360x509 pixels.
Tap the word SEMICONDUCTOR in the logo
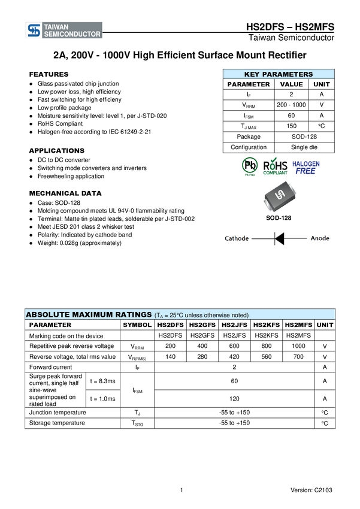(x=72, y=35)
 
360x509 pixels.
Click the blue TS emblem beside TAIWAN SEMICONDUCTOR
(x=34, y=31)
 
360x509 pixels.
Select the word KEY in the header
(x=253, y=74)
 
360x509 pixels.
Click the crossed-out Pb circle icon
(x=249, y=165)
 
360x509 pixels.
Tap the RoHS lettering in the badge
(x=276, y=165)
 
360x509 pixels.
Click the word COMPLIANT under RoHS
(x=276, y=173)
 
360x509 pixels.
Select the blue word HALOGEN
(x=306, y=163)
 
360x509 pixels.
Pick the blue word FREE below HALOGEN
(x=305, y=171)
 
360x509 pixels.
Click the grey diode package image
(x=279, y=196)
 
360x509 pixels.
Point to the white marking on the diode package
(x=279, y=196)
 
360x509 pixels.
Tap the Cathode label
(x=237, y=238)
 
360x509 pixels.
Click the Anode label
(x=320, y=238)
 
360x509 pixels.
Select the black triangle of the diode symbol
(x=279, y=238)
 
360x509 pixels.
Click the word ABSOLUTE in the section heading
(x=48, y=314)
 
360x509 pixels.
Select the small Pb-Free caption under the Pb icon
(x=249, y=175)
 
